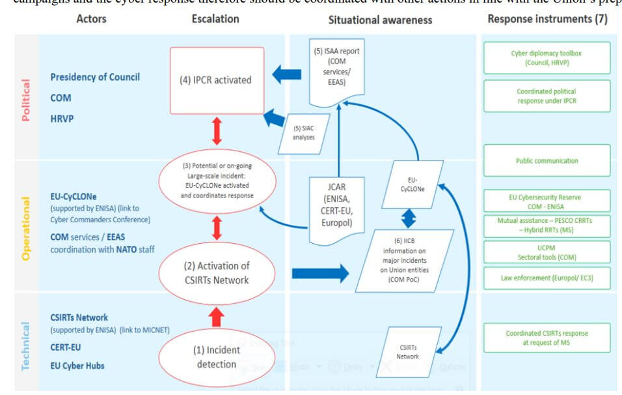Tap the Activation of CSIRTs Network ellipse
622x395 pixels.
pyautogui.click(x=217, y=273)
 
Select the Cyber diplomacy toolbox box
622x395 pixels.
pyautogui.click(x=547, y=58)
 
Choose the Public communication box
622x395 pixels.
pyautogui.click(x=547, y=160)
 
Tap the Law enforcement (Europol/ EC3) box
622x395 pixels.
pyautogui.click(x=547, y=278)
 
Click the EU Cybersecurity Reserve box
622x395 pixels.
pyautogui.click(x=547, y=201)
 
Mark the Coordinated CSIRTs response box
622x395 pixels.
pyautogui.click(x=547, y=338)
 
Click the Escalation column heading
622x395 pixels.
pyautogui.click(x=215, y=19)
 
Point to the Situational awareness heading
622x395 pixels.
pyautogui.click(x=380, y=20)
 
